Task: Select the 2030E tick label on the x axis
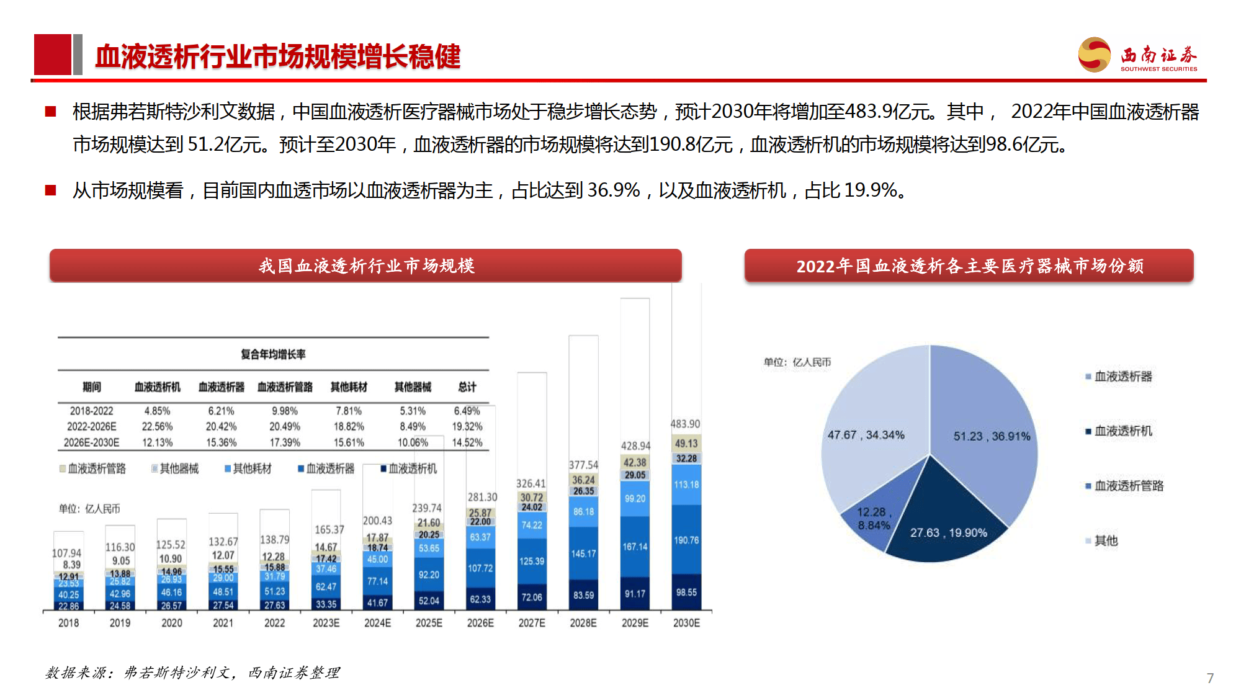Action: click(686, 623)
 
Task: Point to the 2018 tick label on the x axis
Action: click(68, 623)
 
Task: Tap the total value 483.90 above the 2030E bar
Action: click(685, 424)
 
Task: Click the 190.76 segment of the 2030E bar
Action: click(686, 540)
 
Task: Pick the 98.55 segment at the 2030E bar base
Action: click(686, 593)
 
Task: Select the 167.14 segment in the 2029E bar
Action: click(635, 547)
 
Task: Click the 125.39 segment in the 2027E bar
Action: click(532, 561)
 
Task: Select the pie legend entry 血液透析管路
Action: click(1128, 486)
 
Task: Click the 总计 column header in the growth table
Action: click(467, 387)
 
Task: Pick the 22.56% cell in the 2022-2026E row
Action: click(157, 427)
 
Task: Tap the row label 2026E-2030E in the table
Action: click(91, 443)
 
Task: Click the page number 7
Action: click(1210, 678)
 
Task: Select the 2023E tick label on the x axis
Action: click(326, 623)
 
